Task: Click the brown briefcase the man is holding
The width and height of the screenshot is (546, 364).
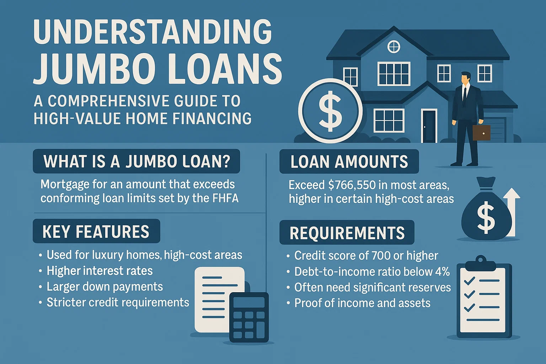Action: [481, 132]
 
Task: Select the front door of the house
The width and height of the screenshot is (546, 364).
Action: [429, 126]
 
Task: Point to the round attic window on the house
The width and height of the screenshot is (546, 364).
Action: [394, 47]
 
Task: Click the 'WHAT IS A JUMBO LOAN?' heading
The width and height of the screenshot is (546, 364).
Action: [136, 161]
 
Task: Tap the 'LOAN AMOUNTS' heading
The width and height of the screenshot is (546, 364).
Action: [349, 162]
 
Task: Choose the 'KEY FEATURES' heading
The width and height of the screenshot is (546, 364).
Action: [96, 231]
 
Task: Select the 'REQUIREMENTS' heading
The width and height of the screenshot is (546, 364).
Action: [347, 233]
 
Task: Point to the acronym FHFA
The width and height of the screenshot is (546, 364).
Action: [225, 198]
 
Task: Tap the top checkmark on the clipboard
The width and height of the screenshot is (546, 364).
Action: [470, 281]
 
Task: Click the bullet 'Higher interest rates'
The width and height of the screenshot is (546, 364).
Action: [100, 271]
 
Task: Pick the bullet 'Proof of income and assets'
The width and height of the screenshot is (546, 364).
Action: [362, 303]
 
